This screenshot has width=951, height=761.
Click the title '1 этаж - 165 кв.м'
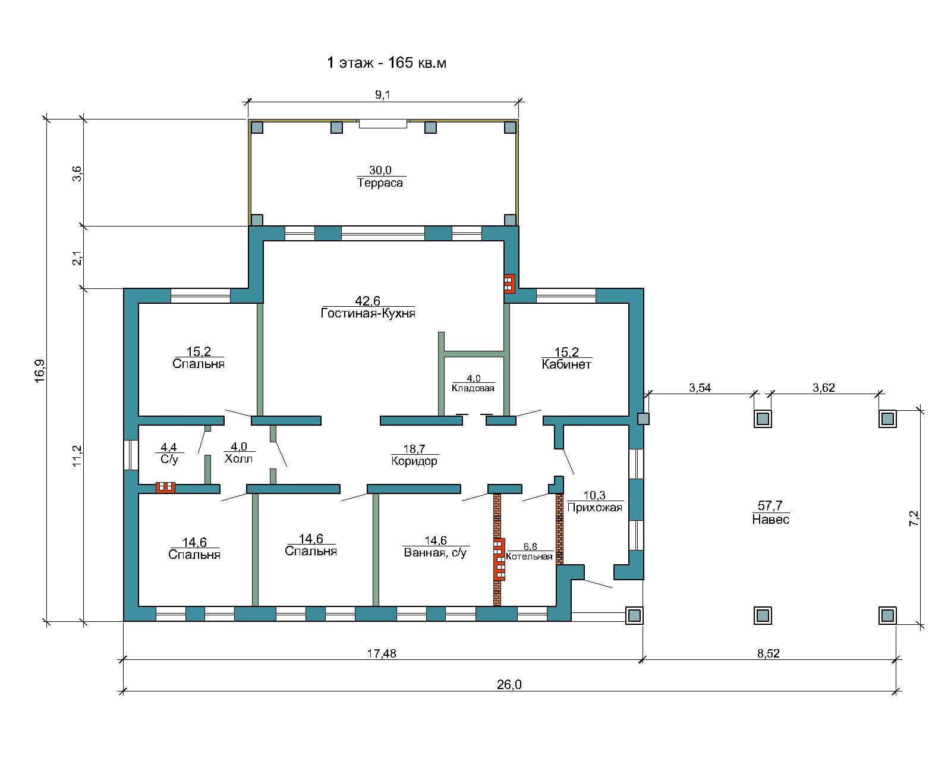pyautogui.click(x=386, y=63)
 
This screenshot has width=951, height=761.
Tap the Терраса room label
pyautogui.click(x=380, y=183)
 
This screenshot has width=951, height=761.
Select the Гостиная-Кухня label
pyautogui.click(x=368, y=313)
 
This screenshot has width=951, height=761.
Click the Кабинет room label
pyautogui.click(x=566, y=364)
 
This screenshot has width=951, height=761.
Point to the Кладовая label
pyautogui.click(x=473, y=388)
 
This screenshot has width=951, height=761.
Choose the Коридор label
pyautogui.click(x=414, y=461)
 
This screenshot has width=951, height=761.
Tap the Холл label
pyautogui.click(x=238, y=458)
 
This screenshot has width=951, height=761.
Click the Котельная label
pyautogui.click(x=530, y=556)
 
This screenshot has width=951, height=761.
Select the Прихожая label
pyautogui.click(x=595, y=508)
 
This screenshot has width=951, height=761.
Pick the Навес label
pyautogui.click(x=771, y=519)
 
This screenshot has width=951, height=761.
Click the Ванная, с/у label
pyautogui.click(x=435, y=553)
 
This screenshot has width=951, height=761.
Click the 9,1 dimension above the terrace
pyautogui.click(x=383, y=95)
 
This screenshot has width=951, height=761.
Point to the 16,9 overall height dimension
pyautogui.click(x=40, y=370)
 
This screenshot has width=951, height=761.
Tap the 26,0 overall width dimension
pyautogui.click(x=509, y=684)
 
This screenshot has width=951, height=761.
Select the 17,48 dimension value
pyautogui.click(x=382, y=653)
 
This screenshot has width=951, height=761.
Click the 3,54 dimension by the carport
pyautogui.click(x=700, y=388)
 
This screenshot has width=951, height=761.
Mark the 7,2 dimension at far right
pyautogui.click(x=914, y=518)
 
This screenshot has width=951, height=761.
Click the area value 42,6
pyautogui.click(x=368, y=301)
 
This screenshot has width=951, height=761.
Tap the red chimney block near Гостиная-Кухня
pyautogui.click(x=509, y=284)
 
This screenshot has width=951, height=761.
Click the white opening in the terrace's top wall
pyautogui.click(x=383, y=124)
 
